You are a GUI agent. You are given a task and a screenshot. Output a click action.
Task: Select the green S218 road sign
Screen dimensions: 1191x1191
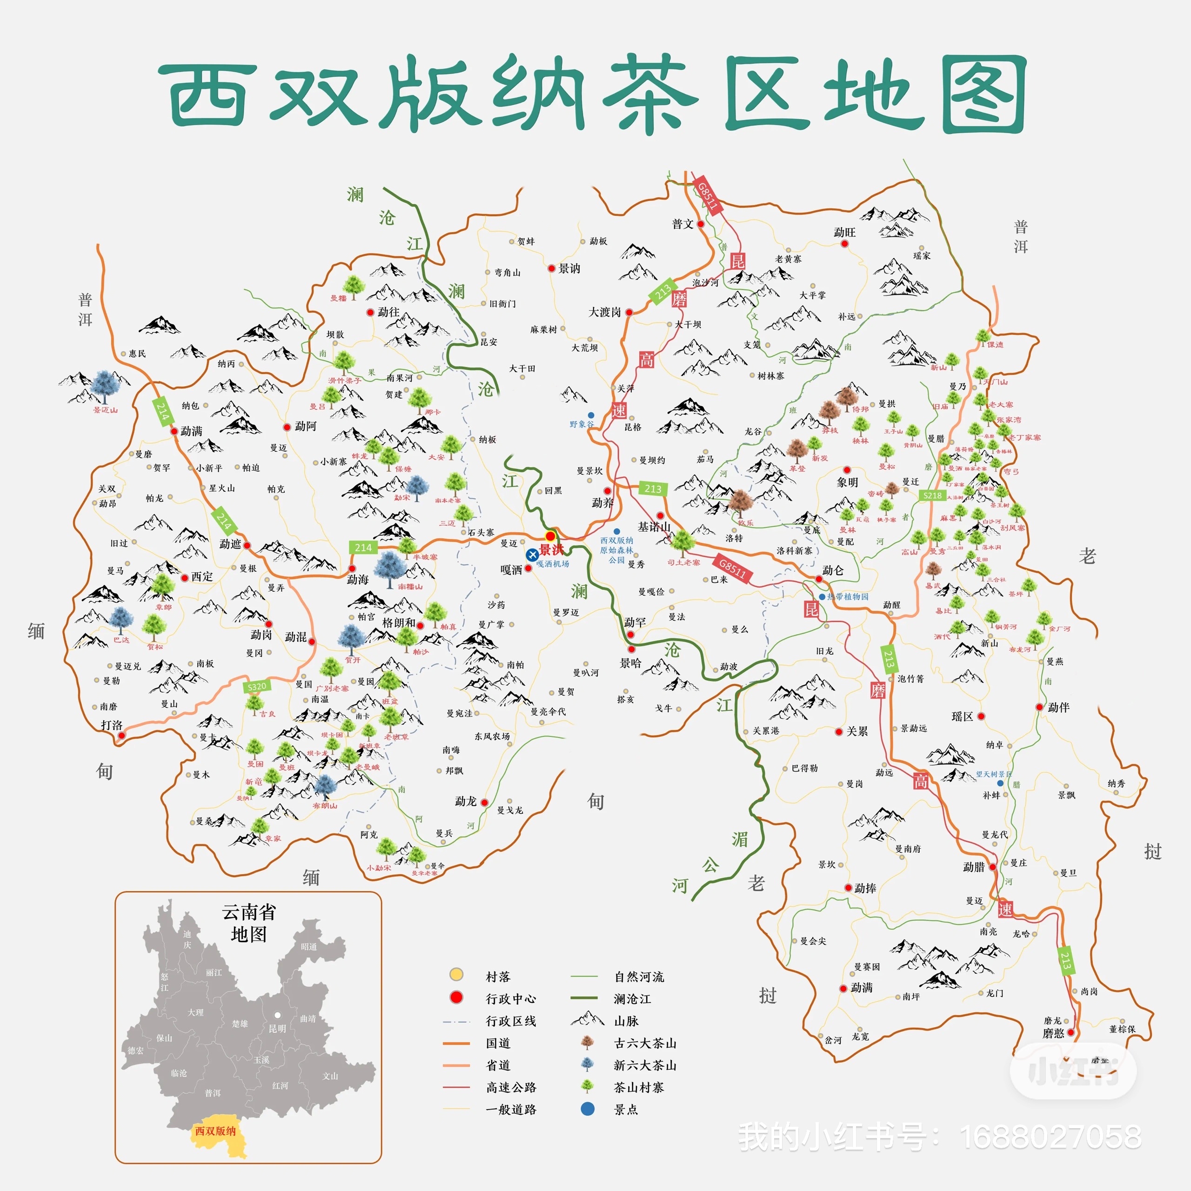(x=932, y=495)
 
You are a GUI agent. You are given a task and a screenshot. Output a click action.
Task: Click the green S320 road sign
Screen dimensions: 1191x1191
(x=256, y=687)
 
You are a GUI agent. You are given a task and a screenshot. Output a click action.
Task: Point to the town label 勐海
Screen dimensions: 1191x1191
(x=358, y=580)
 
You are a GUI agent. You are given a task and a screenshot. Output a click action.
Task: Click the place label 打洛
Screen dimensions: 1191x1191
(x=112, y=725)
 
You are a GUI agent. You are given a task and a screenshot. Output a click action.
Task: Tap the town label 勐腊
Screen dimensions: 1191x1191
(x=974, y=867)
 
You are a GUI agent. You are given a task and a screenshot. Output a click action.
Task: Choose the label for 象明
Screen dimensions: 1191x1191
(x=848, y=483)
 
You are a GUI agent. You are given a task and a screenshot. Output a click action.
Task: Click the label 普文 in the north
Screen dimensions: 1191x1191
(x=683, y=224)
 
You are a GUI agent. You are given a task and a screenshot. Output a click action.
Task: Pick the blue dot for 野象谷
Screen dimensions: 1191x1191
(x=590, y=415)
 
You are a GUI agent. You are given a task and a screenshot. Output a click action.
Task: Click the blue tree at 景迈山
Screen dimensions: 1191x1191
(x=105, y=386)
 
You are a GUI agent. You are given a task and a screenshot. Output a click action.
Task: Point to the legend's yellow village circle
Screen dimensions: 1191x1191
(x=456, y=975)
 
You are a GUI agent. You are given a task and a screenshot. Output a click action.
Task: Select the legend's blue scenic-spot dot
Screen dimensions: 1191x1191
(x=588, y=1109)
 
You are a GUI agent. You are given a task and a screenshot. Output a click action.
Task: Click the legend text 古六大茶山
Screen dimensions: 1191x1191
(x=645, y=1044)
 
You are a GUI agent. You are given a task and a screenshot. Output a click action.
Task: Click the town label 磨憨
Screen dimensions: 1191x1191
(x=1054, y=1033)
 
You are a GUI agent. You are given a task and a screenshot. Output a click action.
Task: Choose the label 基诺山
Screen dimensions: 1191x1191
(x=654, y=527)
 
